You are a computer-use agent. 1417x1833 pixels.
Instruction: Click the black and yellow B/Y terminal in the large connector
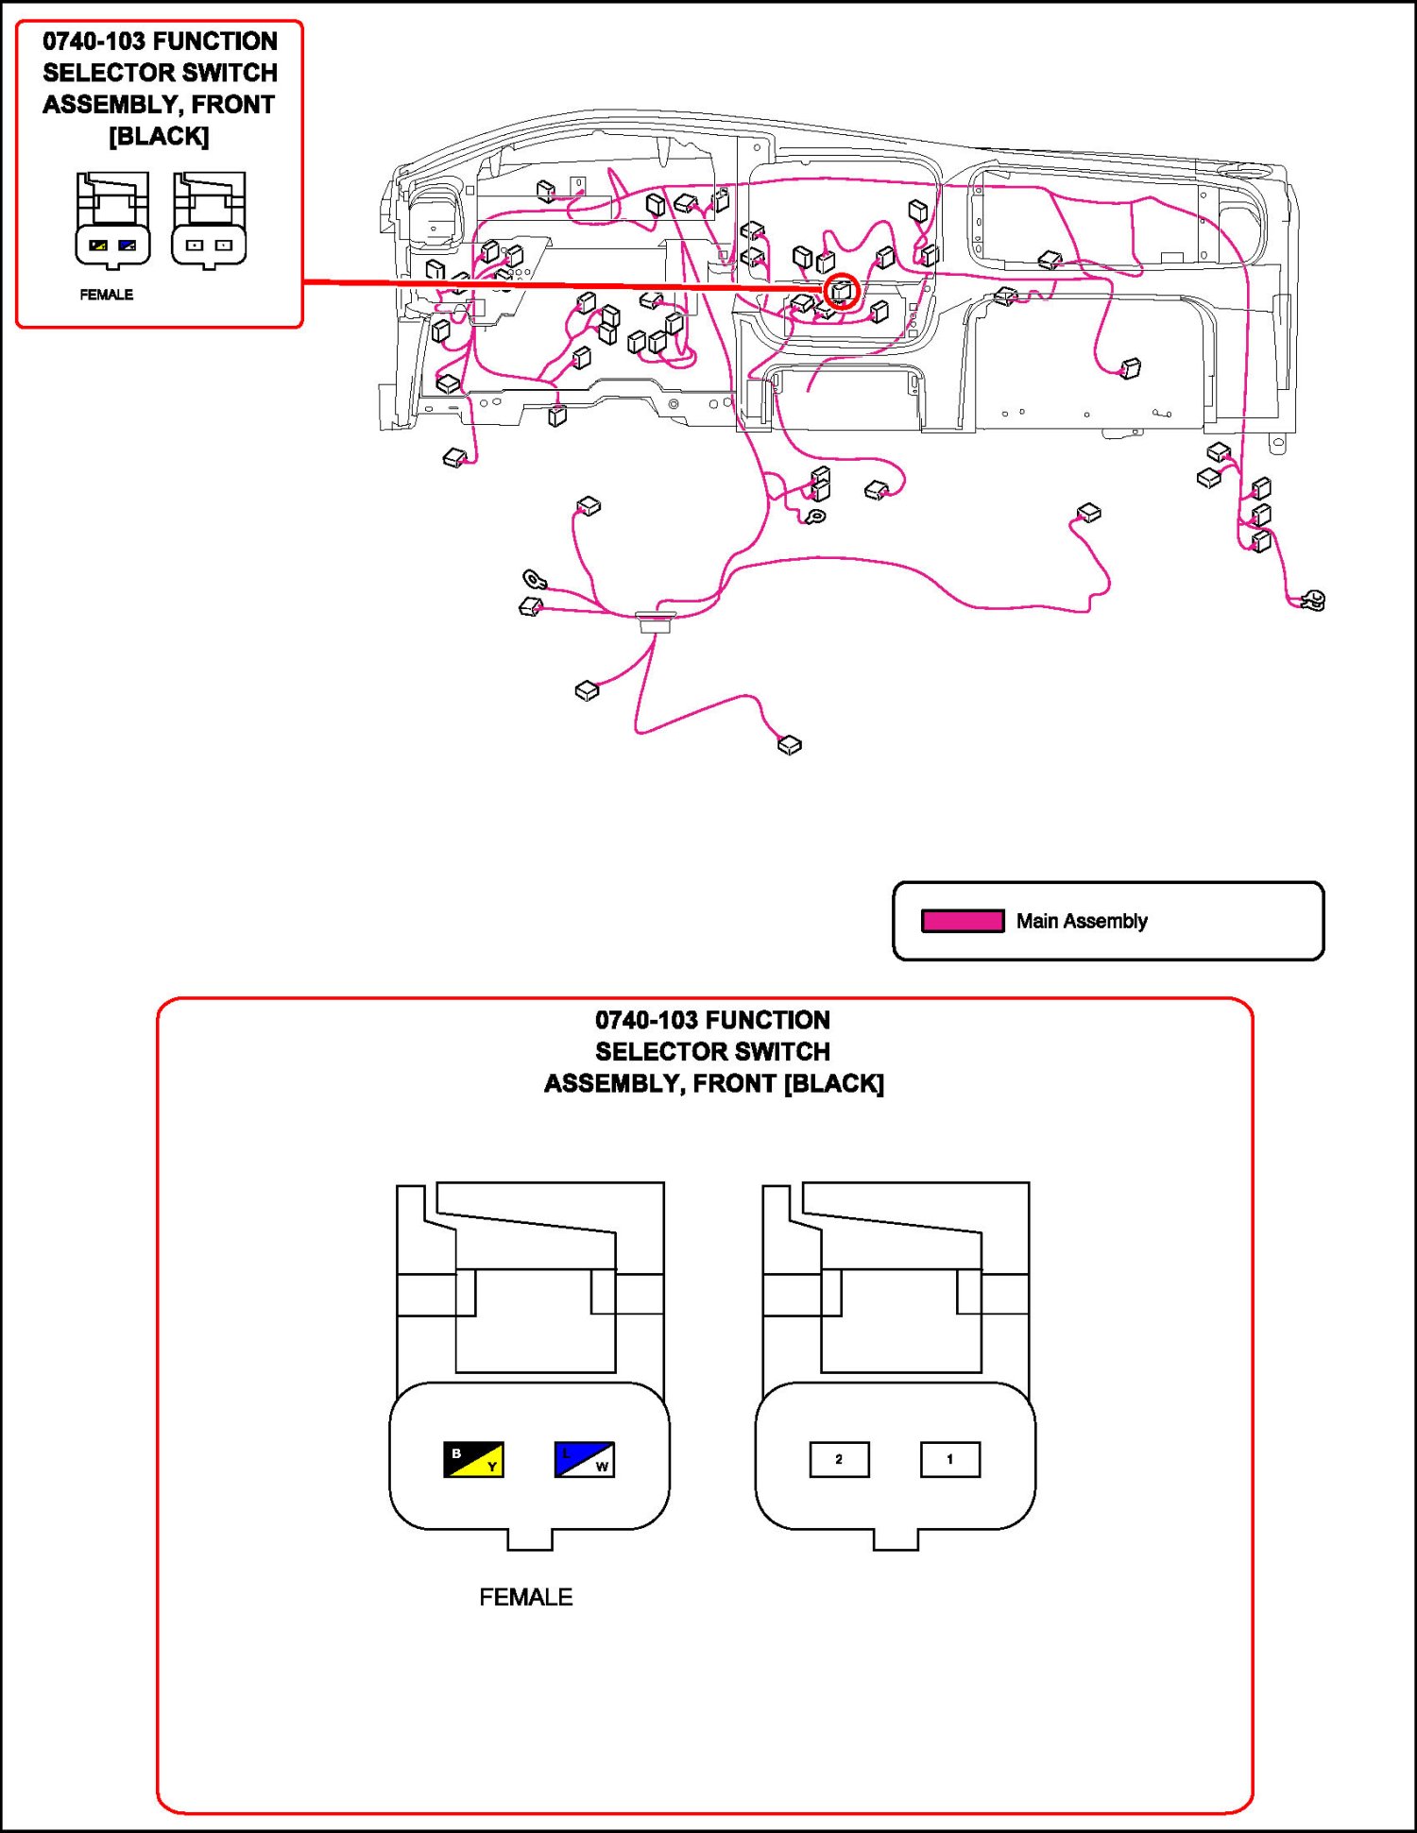pyautogui.click(x=473, y=1459)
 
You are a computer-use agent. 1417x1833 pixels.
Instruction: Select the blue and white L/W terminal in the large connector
pyautogui.click(x=584, y=1459)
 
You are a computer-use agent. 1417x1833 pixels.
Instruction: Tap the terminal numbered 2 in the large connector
pyautogui.click(x=839, y=1459)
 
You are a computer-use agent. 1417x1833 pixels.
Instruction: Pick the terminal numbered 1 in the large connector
pyautogui.click(x=949, y=1459)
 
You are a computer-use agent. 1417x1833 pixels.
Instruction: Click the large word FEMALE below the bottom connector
pyautogui.click(x=525, y=1597)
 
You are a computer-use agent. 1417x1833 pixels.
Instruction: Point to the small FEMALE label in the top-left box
pyautogui.click(x=106, y=295)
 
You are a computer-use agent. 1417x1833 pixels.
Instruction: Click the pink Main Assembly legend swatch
pyautogui.click(x=963, y=921)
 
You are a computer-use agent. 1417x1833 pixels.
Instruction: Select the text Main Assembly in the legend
pyautogui.click(x=1082, y=921)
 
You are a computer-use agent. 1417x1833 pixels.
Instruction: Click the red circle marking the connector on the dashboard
pyautogui.click(x=841, y=291)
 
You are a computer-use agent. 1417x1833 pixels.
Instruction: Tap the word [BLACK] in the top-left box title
pyautogui.click(x=159, y=137)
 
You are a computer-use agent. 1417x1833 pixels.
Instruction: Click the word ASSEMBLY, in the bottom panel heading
pyautogui.click(x=614, y=1083)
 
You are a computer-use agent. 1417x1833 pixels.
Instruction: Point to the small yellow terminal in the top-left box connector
pyautogui.click(x=98, y=246)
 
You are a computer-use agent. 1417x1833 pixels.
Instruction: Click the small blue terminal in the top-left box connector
pyautogui.click(x=128, y=246)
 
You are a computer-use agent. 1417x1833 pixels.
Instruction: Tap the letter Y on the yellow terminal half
pyautogui.click(x=492, y=1467)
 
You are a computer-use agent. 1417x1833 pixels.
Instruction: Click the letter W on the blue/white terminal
pyautogui.click(x=602, y=1467)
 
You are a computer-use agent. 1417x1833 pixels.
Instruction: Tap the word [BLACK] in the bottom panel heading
pyautogui.click(x=834, y=1083)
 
